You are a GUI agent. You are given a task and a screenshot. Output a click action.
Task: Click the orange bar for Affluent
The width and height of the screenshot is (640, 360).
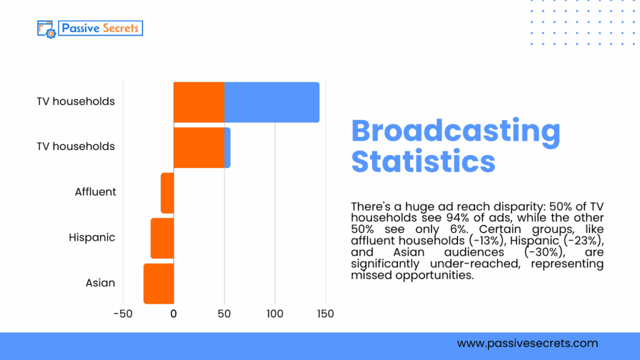pos(167,192)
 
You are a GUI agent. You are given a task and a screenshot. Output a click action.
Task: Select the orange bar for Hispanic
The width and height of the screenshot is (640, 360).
pos(162,238)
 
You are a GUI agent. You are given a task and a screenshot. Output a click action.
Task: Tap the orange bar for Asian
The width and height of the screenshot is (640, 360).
pos(159,284)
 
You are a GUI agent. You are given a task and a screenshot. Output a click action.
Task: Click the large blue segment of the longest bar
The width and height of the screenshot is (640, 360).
pos(272,102)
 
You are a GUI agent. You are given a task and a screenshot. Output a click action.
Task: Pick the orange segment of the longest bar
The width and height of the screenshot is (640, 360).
pos(199,102)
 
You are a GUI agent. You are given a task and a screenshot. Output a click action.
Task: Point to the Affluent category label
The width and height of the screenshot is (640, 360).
pos(95,192)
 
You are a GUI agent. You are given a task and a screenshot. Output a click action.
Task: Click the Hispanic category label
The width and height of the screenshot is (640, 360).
pos(92,237)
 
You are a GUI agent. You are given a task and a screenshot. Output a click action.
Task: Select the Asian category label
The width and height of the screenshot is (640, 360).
pos(100,283)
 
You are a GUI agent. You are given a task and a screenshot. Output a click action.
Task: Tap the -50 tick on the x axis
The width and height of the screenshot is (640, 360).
pos(122,314)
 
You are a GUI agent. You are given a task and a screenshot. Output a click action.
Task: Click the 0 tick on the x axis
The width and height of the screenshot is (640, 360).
pos(174,314)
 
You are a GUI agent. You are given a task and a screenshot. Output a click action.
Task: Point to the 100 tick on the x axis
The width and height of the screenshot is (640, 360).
pos(275,314)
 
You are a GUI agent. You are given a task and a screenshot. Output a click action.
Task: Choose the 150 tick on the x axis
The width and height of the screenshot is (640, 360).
pos(326,314)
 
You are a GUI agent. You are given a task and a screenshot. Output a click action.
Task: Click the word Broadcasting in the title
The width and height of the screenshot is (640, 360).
pos(456,131)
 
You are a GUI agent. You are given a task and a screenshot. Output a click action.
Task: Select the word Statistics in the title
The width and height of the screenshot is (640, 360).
pos(423,161)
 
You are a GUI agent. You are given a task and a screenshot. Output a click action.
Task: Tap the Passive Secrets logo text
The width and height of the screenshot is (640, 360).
pos(100,28)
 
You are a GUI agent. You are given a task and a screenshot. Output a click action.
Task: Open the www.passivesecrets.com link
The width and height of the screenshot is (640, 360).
pos(527,343)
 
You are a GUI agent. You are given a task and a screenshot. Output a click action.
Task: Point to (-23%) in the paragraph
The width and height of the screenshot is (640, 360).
pos(582,241)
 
